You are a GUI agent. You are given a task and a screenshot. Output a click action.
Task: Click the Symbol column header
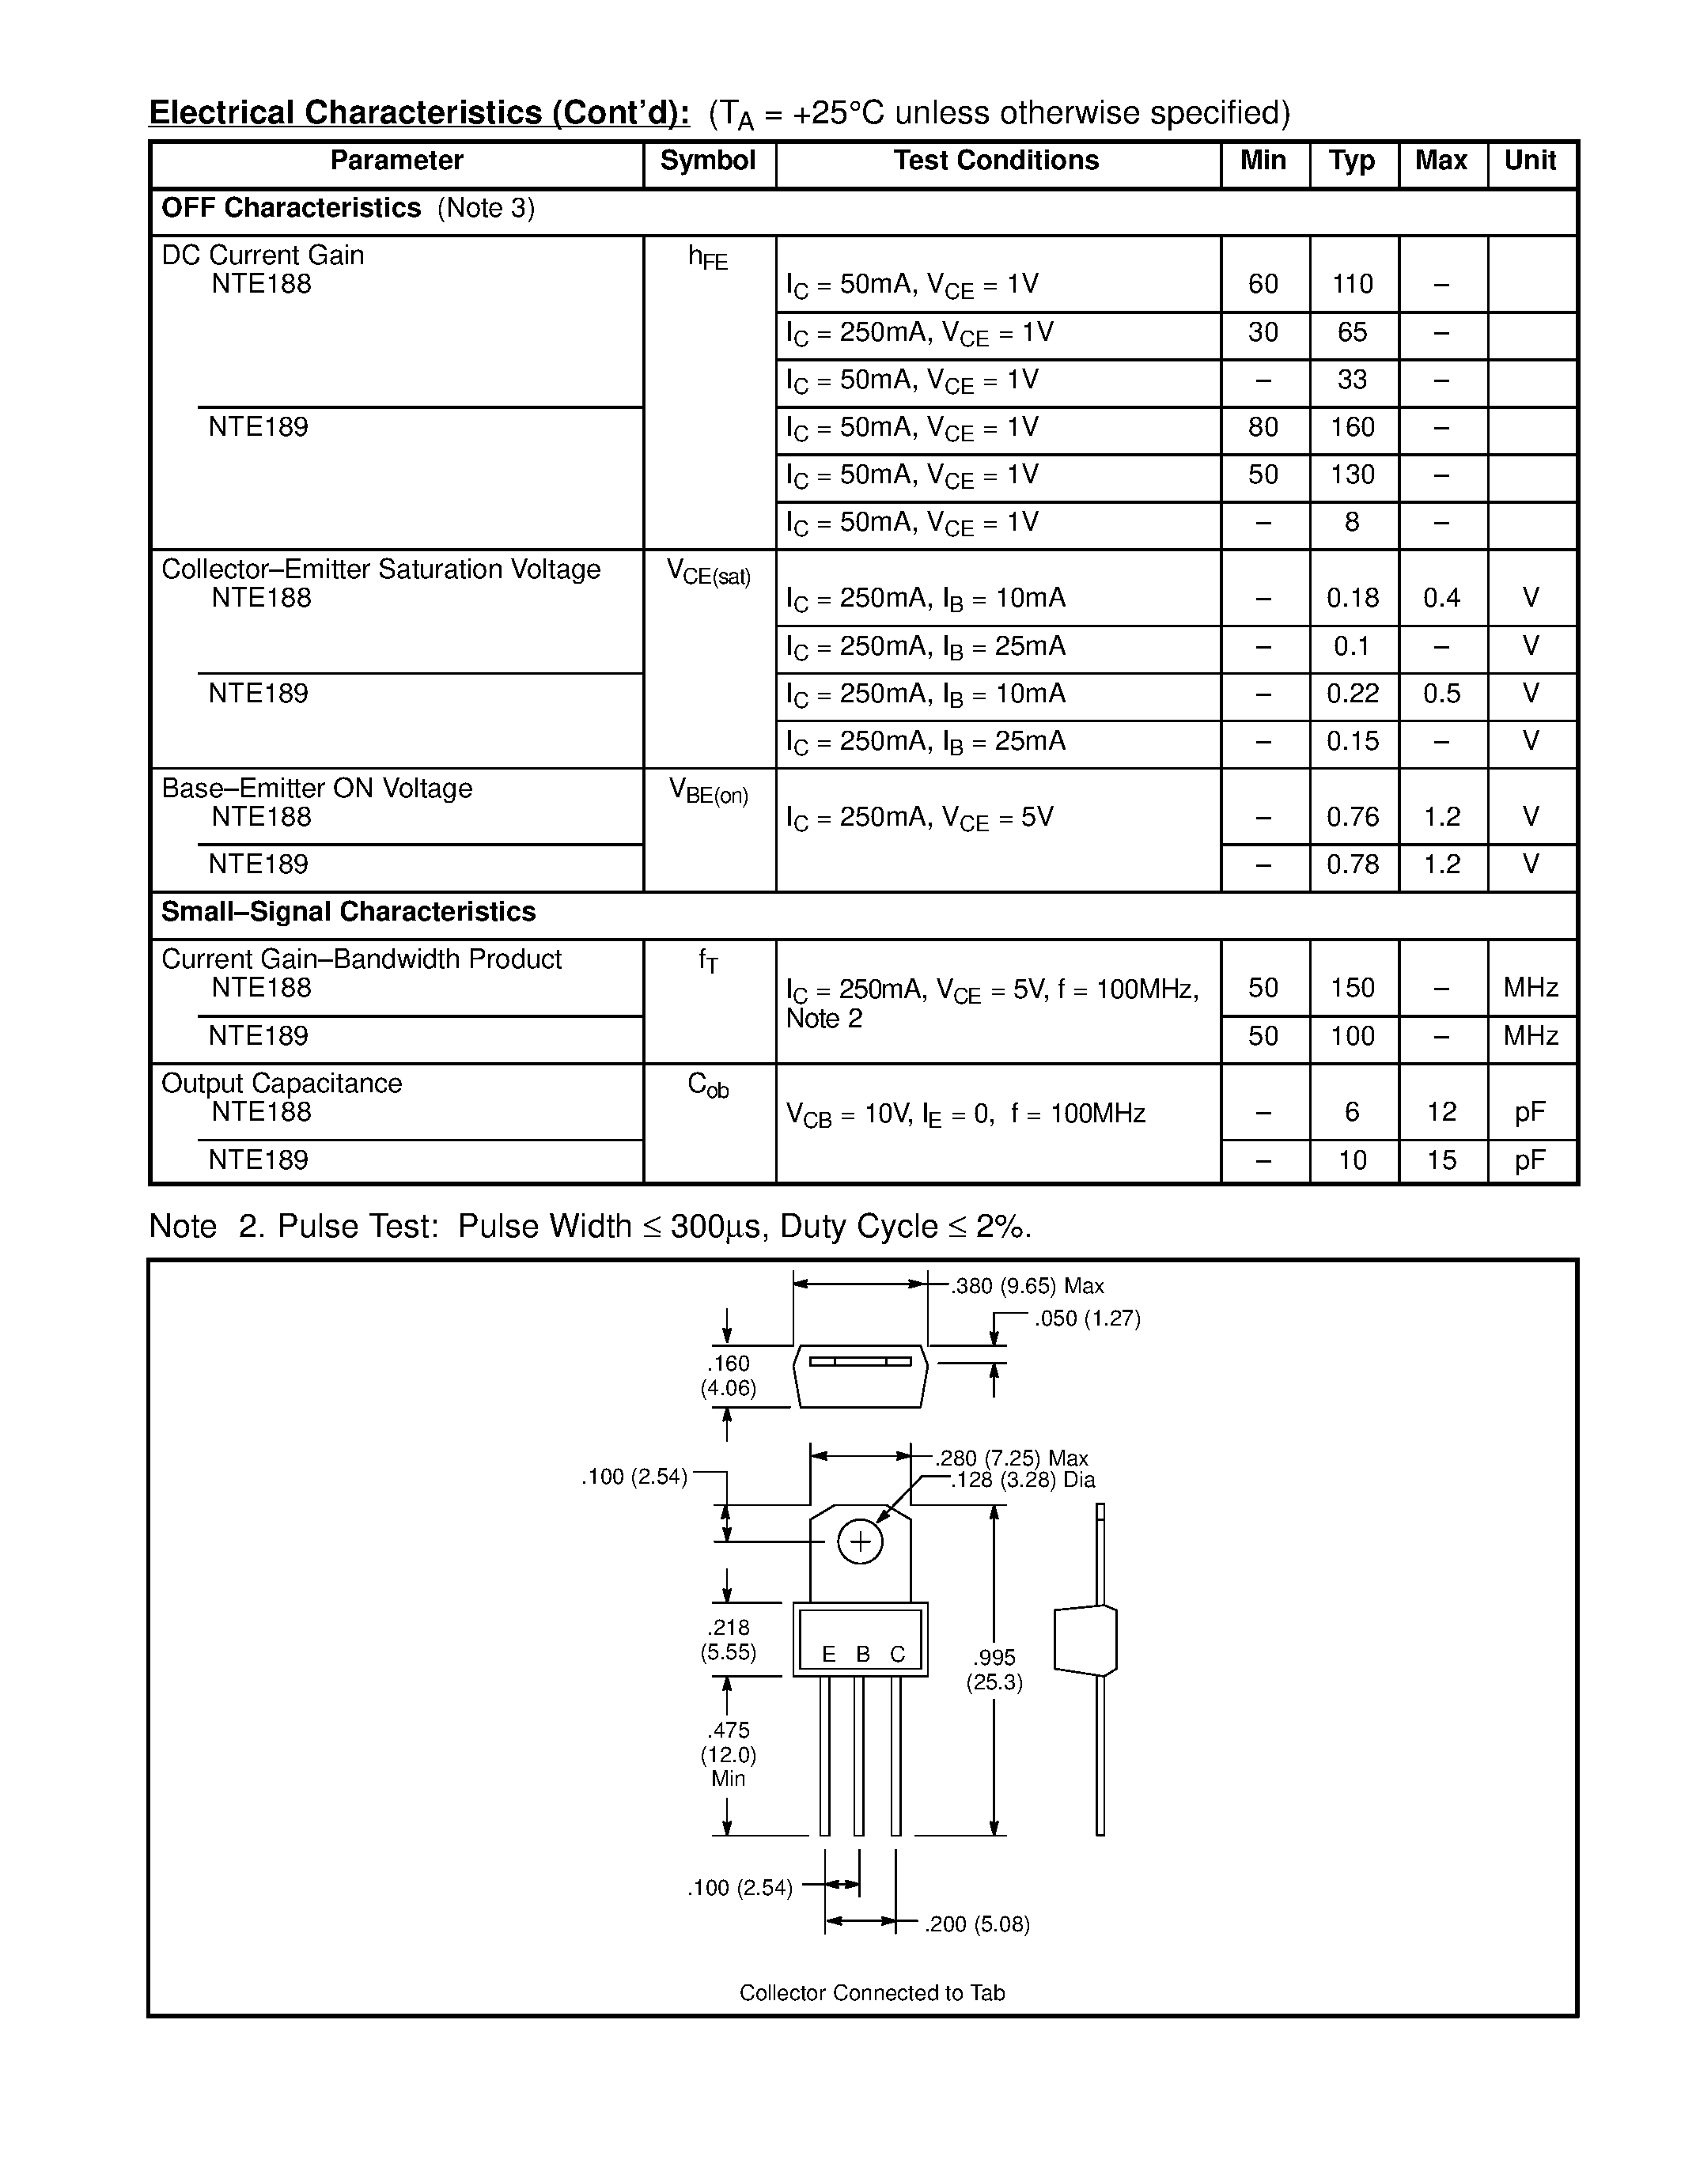pos(708,161)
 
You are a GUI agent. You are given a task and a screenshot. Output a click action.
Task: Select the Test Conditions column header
pos(996,161)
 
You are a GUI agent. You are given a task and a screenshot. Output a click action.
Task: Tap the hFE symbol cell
pos(708,258)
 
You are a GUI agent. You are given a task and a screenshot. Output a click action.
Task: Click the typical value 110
pos(1353,285)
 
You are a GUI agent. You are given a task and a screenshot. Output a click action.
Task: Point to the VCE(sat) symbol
pos(708,573)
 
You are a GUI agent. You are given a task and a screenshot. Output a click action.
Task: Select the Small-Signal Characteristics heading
pos(349,911)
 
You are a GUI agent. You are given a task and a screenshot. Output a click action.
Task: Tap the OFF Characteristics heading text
pos(291,208)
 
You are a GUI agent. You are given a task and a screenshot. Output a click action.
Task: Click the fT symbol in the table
pos(708,960)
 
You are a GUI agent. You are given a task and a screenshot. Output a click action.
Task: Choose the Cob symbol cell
pos(708,1085)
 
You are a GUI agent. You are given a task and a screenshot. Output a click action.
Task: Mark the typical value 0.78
pos(1353,864)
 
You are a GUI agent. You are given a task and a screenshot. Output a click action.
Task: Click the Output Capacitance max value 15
pos(1441,1160)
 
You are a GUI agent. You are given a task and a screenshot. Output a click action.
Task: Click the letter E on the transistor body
pos(828,1654)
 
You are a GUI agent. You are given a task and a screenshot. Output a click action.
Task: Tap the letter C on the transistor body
pos(897,1654)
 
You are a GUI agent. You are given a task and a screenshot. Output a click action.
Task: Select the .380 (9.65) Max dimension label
pos(1027,1287)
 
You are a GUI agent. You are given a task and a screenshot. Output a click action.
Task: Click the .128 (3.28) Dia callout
pos(1023,1480)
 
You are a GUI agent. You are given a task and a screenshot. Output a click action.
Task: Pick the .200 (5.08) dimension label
pos(976,1924)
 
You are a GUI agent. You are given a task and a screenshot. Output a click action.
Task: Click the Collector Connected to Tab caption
pos(872,1993)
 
